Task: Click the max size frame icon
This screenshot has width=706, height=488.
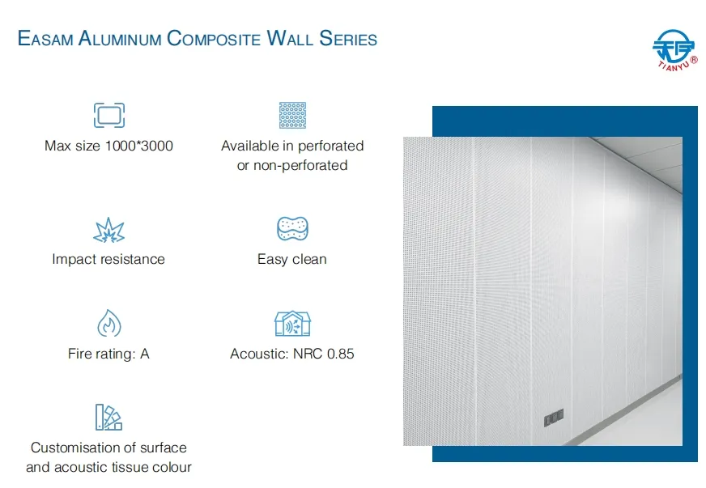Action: point(108,115)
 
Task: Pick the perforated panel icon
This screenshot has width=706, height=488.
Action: point(292,115)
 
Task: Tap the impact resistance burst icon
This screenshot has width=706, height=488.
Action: point(108,230)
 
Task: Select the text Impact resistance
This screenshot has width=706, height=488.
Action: point(108,259)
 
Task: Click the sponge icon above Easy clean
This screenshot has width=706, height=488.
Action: point(292,229)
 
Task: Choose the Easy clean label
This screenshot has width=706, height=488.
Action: point(292,259)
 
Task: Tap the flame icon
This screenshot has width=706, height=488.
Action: point(108,324)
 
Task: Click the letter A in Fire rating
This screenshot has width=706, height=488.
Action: point(145,354)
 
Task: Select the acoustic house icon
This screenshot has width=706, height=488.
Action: point(292,324)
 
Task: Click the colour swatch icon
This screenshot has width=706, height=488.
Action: point(108,418)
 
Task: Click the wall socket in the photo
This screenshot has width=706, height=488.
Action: point(554,418)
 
